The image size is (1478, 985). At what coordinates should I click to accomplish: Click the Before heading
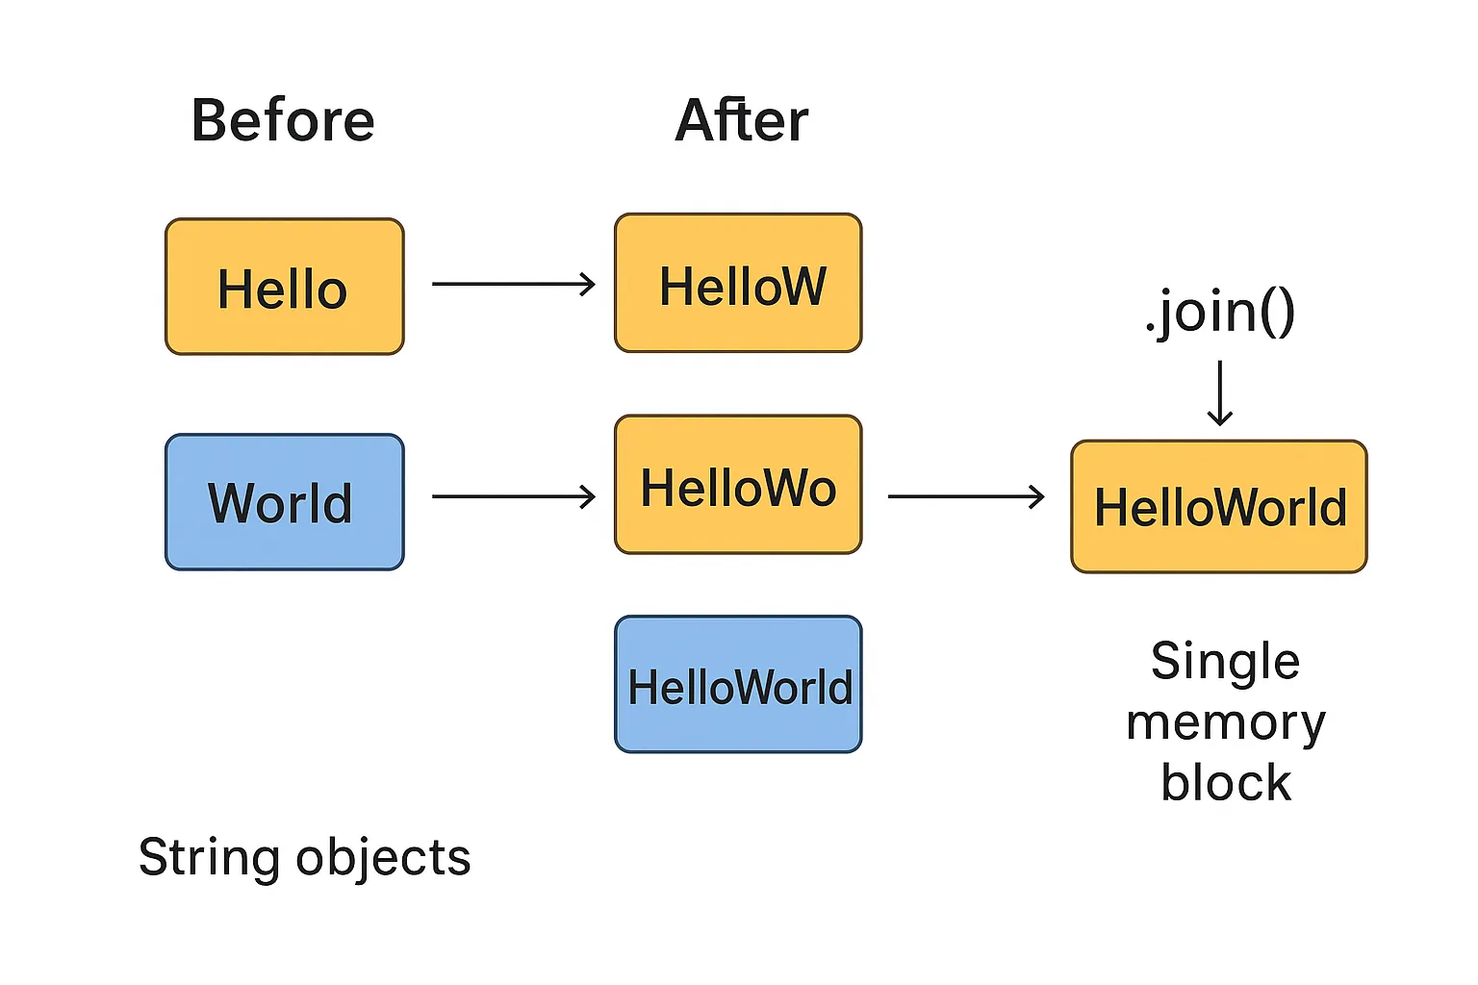click(283, 121)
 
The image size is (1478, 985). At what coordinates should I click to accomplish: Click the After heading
click(741, 121)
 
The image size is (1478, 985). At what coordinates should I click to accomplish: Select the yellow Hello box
click(284, 287)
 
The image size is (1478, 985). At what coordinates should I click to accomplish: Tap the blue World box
click(284, 502)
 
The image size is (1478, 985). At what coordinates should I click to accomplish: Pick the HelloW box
click(738, 283)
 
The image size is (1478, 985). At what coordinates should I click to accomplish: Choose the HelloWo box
click(738, 485)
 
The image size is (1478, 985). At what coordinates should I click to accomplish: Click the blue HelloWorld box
click(738, 685)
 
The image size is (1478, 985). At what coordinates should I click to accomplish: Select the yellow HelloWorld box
click(1219, 507)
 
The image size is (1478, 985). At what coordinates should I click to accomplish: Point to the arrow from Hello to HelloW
click(513, 284)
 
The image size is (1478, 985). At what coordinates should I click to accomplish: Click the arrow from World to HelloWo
click(513, 496)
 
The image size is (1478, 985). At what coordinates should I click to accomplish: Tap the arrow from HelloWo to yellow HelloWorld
click(965, 496)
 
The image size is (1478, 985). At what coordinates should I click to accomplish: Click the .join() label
click(1220, 312)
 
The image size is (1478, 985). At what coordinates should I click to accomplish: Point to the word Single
click(1225, 662)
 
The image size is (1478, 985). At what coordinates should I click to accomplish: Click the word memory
click(1225, 722)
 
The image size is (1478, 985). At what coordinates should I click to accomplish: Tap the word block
click(1225, 782)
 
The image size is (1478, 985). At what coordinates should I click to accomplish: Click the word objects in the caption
click(383, 857)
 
